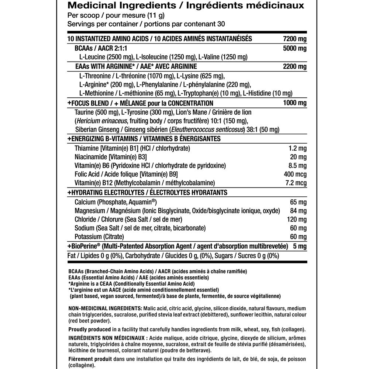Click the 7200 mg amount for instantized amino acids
[x=294, y=39]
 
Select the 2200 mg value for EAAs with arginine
[x=294, y=67]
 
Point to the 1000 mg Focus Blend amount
[x=294, y=103]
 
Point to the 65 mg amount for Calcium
[x=299, y=202]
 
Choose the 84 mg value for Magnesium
[x=299, y=211]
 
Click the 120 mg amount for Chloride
[x=297, y=220]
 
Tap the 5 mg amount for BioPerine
[x=300, y=246]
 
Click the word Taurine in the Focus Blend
[x=84, y=112]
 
